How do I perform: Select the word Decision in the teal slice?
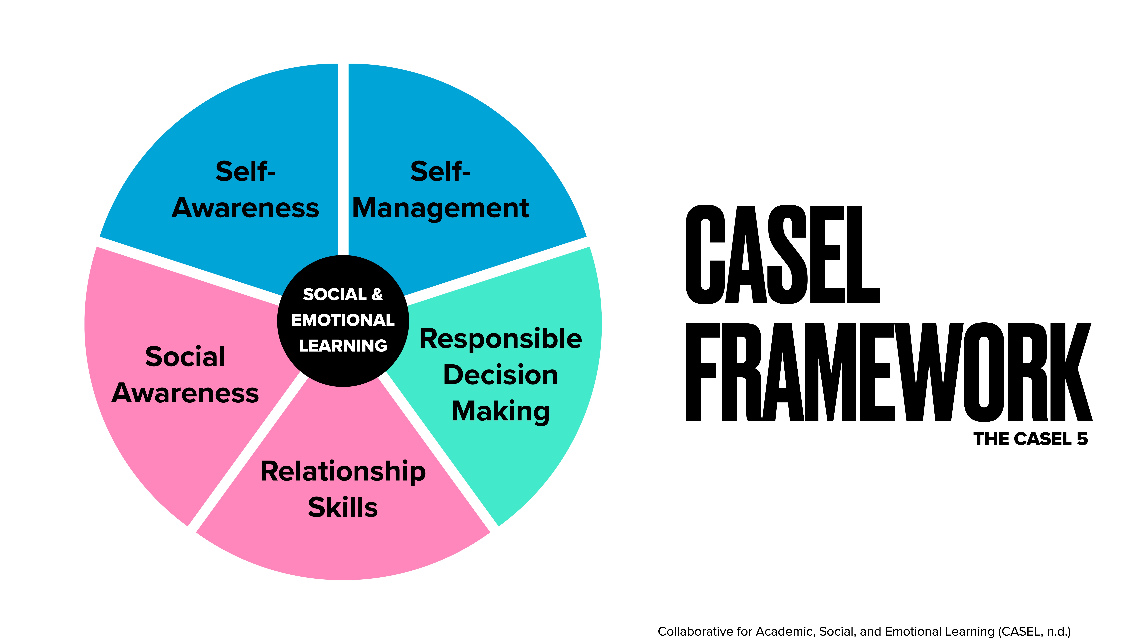(x=501, y=375)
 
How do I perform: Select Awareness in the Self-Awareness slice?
(x=245, y=208)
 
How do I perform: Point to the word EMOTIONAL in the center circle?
(x=343, y=320)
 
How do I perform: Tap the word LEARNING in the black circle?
(x=343, y=346)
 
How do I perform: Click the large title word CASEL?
(x=782, y=255)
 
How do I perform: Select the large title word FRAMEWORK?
(x=889, y=372)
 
